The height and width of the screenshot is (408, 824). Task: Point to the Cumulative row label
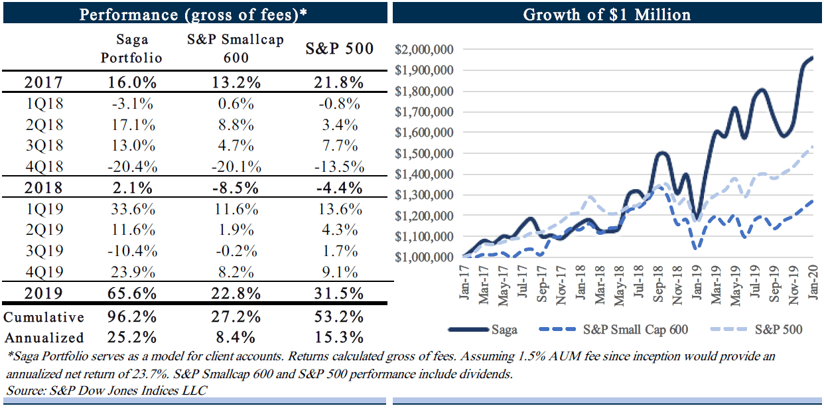44,317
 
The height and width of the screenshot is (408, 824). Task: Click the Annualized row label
44,338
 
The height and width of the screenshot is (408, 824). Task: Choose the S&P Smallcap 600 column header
236,48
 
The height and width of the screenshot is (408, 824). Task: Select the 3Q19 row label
43,251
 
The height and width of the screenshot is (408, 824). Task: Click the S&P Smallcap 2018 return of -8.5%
236,187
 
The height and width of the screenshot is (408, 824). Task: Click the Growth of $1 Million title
607,15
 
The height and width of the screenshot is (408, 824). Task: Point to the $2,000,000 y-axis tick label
423,50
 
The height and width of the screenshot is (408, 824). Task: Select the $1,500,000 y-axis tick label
423,153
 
